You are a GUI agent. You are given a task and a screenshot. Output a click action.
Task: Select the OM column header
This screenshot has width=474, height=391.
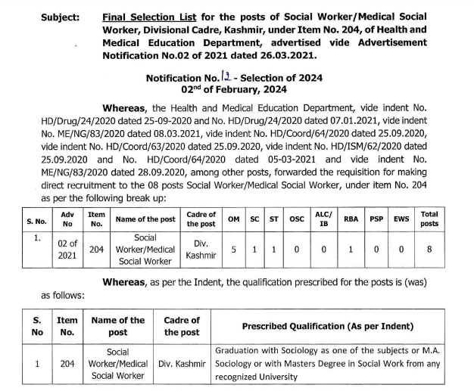235,220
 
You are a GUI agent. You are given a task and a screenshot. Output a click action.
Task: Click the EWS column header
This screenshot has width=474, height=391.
401,220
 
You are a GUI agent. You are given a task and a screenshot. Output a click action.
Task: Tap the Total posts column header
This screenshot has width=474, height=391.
429,220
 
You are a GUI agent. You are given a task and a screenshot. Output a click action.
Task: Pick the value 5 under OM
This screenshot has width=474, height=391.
235,250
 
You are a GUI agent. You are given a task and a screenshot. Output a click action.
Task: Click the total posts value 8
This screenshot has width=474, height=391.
429,250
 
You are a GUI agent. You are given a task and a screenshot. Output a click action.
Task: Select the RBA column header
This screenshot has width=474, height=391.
351,220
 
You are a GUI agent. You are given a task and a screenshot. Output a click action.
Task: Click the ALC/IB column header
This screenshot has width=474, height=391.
323,220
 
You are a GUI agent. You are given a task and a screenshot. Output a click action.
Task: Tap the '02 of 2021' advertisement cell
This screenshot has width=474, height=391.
67,250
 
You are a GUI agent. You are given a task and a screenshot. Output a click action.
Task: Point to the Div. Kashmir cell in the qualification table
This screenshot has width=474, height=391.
182,363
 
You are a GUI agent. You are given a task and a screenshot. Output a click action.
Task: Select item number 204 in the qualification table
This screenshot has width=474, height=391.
67,363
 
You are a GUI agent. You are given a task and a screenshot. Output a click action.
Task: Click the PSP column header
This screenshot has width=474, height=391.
376,220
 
